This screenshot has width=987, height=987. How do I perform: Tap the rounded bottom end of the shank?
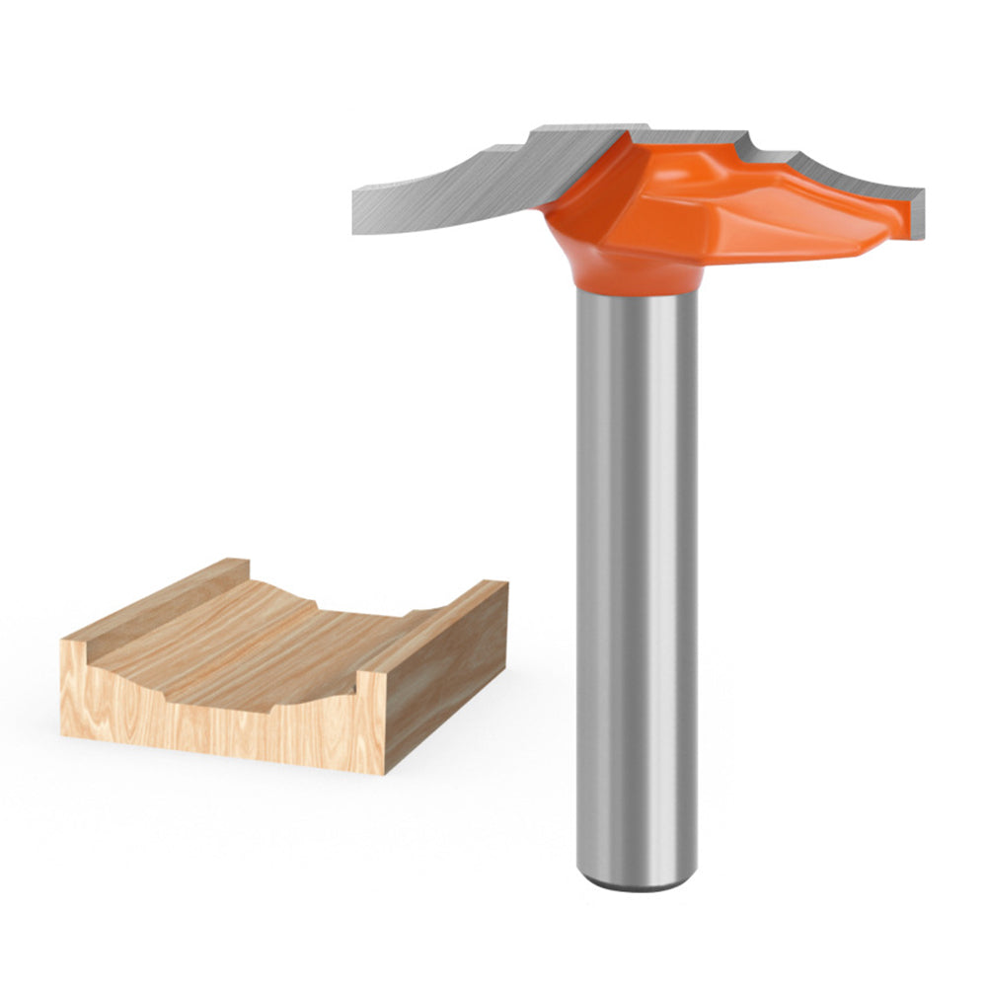[x=637, y=881]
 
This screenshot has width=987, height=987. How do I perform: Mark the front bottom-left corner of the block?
[x=63, y=733]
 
